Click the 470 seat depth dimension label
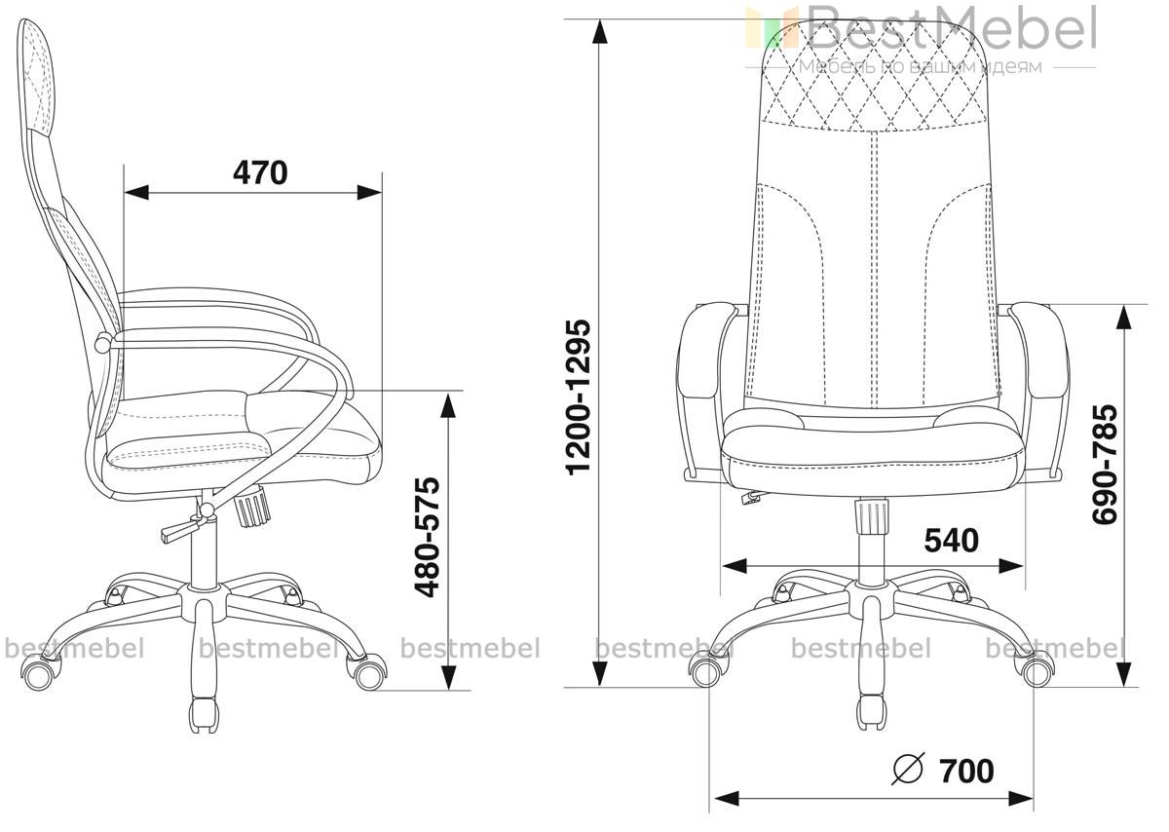point(260,172)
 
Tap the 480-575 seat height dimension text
point(427,537)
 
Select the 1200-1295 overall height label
point(579,397)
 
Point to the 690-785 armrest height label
point(1105,464)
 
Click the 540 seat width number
point(952,541)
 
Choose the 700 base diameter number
point(967,771)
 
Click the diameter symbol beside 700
point(908,770)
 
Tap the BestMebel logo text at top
point(923,29)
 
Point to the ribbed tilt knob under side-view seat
point(253,505)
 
